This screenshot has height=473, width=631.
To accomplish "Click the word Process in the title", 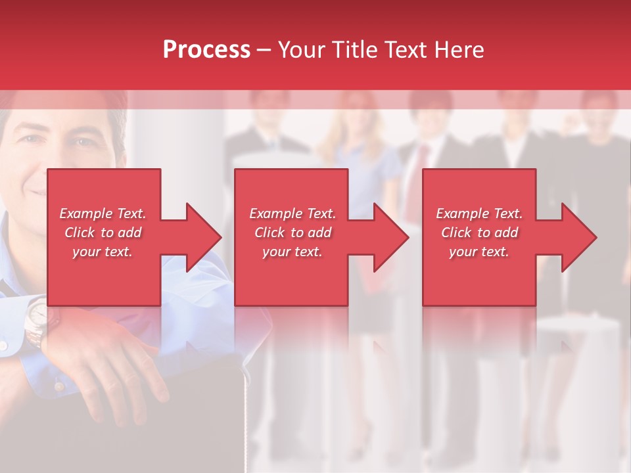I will click(206, 50).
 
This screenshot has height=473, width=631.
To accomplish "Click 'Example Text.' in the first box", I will click(103, 214).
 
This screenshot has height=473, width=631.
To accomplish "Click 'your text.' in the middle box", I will click(292, 252).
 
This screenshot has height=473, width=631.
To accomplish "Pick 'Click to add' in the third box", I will click(479, 233).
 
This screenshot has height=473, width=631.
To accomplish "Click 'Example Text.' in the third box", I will click(479, 214).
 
